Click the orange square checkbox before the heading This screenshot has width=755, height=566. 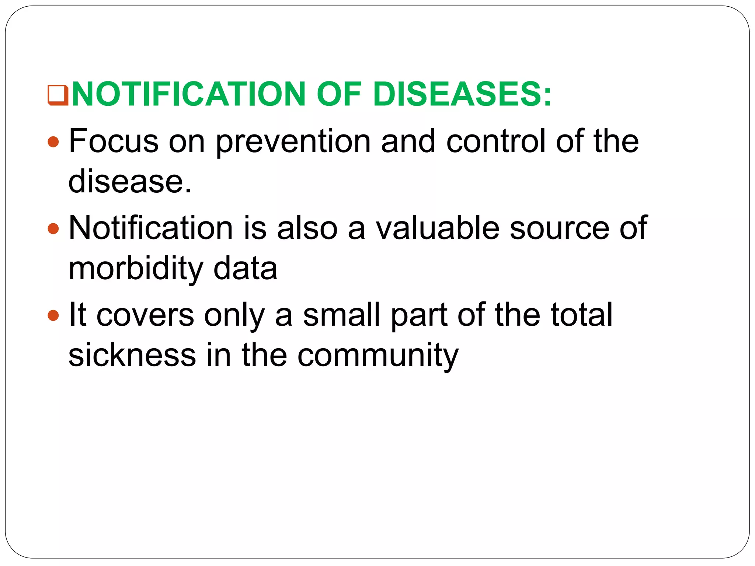(x=58, y=95)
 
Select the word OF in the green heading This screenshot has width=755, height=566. (x=338, y=94)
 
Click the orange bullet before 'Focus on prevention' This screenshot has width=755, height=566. (x=53, y=142)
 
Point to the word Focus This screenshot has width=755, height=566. (x=114, y=141)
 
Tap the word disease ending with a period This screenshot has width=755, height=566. (x=130, y=181)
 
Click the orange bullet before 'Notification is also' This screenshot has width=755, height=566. (x=53, y=228)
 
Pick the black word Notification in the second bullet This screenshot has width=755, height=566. (x=151, y=228)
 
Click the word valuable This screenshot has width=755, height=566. (x=438, y=228)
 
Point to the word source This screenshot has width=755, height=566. (x=559, y=229)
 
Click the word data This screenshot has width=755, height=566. (x=245, y=269)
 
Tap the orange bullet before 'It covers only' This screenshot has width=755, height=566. (x=53, y=315)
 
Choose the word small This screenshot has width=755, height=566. (x=341, y=315)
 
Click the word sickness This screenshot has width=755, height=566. (x=132, y=355)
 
